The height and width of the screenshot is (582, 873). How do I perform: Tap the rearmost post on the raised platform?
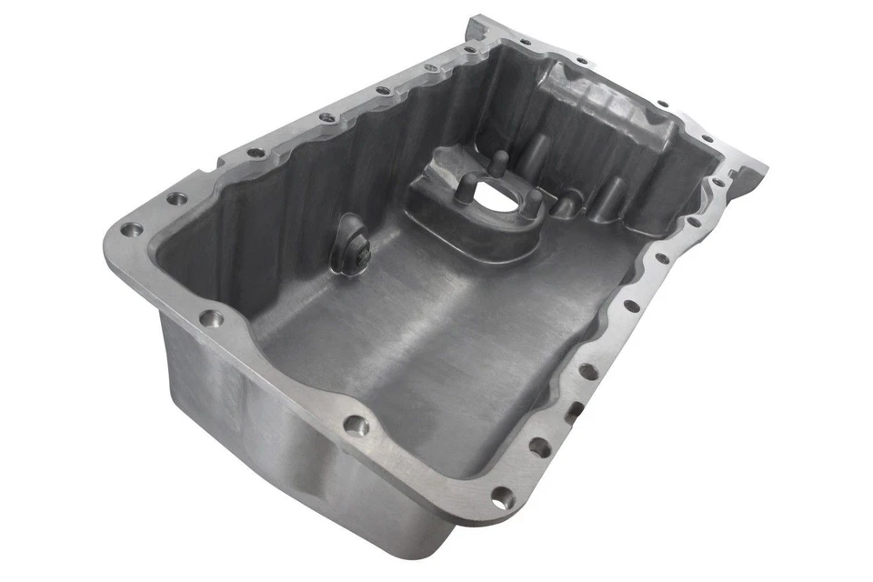coord(537,146)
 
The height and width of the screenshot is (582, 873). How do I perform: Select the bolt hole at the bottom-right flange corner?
coord(501,497)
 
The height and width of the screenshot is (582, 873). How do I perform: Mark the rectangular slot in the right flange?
coord(574,415)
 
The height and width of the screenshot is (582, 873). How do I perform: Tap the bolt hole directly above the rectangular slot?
coord(587,371)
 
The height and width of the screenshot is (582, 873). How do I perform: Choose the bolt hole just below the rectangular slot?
coord(540,447)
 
